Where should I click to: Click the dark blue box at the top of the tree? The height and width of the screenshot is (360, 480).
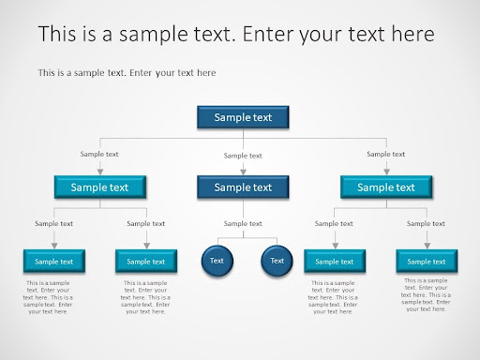[x=243, y=117]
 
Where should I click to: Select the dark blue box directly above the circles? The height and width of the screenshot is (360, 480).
[x=243, y=187]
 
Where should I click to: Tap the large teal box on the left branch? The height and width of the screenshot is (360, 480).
[x=100, y=187]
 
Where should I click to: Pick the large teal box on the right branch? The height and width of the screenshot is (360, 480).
[x=386, y=187]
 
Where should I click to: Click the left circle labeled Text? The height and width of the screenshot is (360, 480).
[x=217, y=261]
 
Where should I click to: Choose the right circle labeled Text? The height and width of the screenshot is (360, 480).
[x=277, y=261]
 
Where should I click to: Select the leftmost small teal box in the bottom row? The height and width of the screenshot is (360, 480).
[x=54, y=261]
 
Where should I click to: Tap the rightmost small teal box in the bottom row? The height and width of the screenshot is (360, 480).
[x=427, y=261]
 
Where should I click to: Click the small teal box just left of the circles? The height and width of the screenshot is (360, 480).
[x=146, y=261]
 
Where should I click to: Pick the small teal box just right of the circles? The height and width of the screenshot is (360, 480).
[x=335, y=261]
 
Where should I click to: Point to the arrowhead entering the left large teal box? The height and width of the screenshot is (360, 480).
[x=100, y=172]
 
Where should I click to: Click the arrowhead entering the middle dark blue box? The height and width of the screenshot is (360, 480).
[x=243, y=172]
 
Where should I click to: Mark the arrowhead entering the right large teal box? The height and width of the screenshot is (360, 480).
[x=386, y=172]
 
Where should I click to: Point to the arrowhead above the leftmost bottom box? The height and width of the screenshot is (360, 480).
[x=54, y=246]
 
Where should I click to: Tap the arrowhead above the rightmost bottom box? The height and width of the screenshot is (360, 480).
[x=427, y=246]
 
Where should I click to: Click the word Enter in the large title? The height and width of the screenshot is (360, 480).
[x=268, y=34]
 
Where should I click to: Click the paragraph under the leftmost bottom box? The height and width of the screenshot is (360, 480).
[x=48, y=297]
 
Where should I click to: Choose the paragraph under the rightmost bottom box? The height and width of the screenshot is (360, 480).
[x=426, y=294]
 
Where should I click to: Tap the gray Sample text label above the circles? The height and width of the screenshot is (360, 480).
[x=243, y=223]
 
